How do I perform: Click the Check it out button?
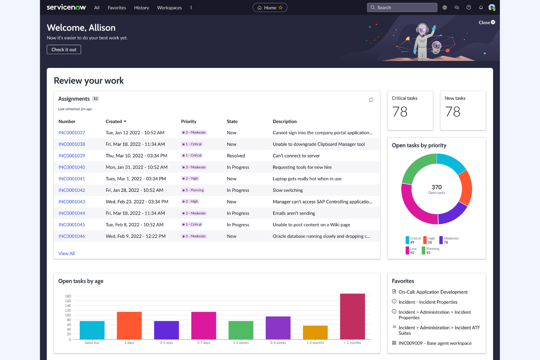(64, 50)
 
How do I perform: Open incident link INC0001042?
(72, 190)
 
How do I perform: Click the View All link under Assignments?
(66, 253)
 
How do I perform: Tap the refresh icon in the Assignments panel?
(371, 100)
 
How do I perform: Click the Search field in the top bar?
(402, 8)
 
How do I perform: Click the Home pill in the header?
(270, 8)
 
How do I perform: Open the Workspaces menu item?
(169, 8)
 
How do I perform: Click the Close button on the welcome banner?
(487, 23)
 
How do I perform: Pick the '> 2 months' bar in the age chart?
(352, 316)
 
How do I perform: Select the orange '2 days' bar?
(129, 325)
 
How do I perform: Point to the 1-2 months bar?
(315, 332)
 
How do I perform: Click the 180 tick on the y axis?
(68, 296)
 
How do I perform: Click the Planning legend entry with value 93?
(431, 251)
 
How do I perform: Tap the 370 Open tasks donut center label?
(437, 189)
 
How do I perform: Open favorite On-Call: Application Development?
(433, 292)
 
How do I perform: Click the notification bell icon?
(481, 8)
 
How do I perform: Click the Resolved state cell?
(236, 156)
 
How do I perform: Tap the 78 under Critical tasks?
(400, 112)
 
